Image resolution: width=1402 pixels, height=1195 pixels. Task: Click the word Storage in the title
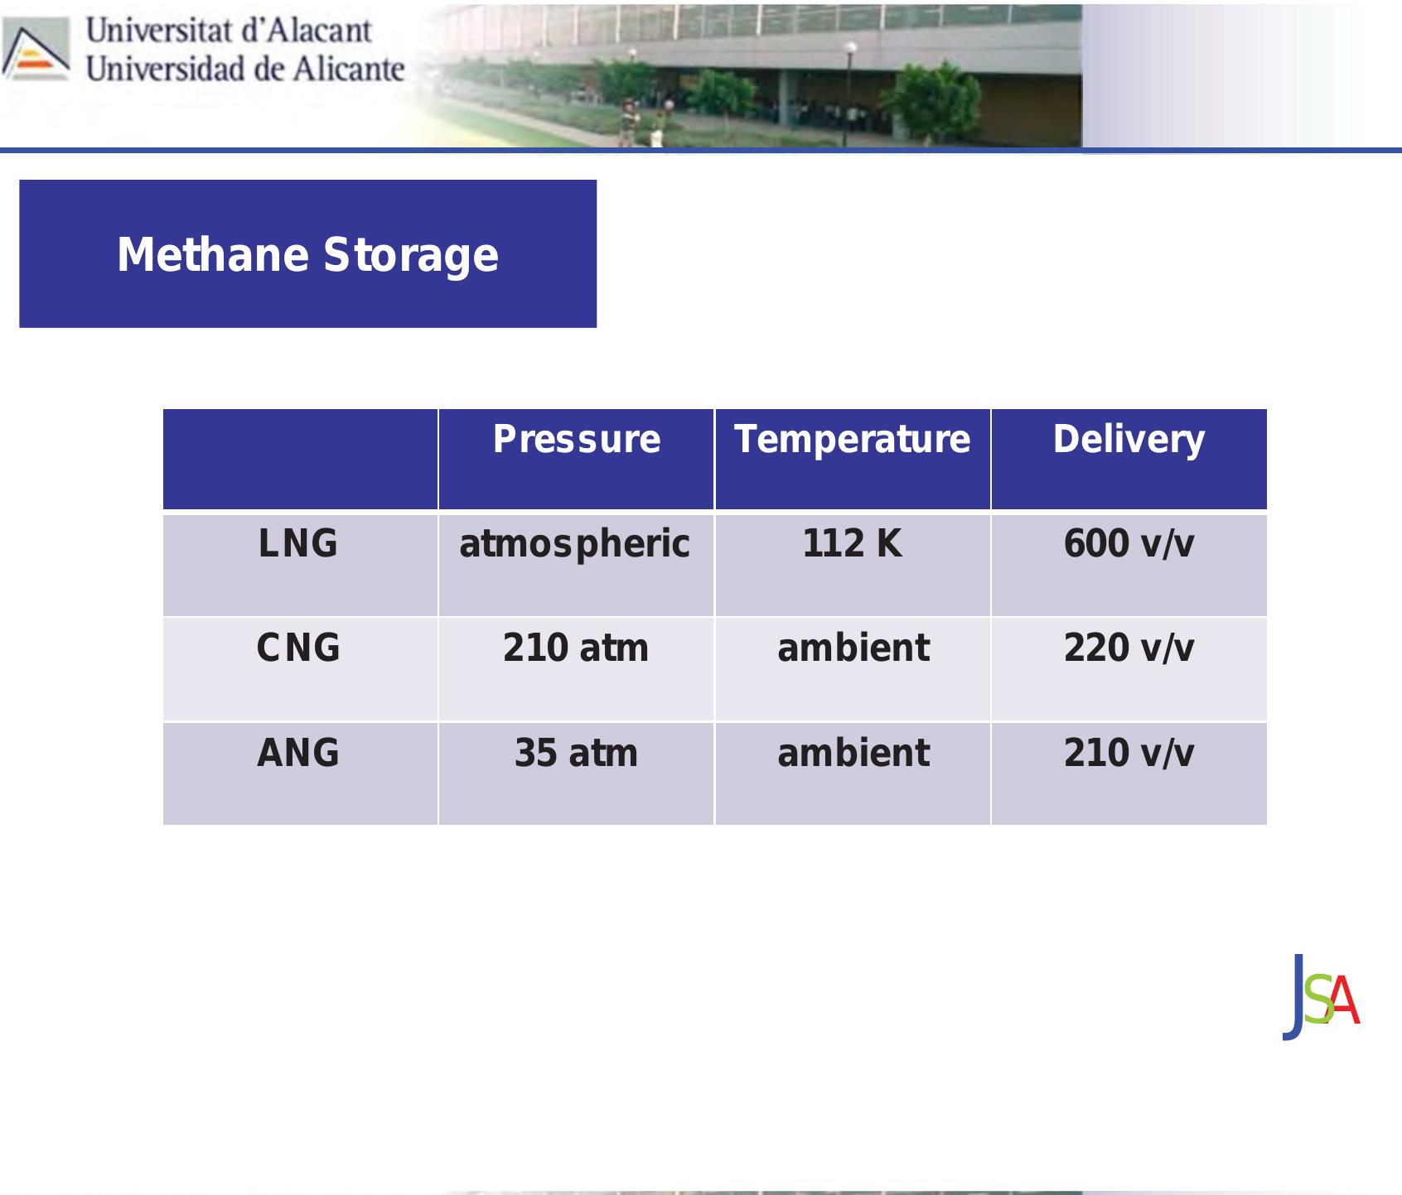(x=411, y=256)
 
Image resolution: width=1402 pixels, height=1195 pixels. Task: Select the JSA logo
(x=1321, y=998)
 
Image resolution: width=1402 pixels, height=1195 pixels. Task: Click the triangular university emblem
(x=36, y=49)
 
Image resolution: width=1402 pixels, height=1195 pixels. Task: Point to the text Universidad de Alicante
(x=245, y=69)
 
